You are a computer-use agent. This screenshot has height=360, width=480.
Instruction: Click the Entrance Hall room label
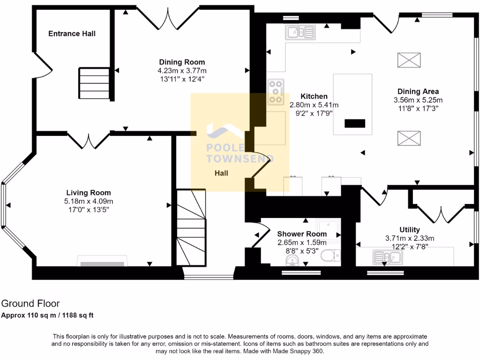point(72,34)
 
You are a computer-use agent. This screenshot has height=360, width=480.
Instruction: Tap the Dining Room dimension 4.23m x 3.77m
point(182,71)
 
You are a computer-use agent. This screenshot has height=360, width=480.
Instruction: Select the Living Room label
point(89,193)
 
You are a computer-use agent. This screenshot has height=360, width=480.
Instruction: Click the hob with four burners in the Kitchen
point(276,92)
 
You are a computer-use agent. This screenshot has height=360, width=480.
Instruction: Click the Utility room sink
point(388,257)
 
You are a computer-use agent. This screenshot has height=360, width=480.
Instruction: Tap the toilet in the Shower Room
point(332,255)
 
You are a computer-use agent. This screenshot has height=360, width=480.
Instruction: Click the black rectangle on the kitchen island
point(354,123)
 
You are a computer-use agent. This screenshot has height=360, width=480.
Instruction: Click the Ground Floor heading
point(30,304)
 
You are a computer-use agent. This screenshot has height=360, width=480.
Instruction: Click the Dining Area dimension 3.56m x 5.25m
point(418,100)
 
